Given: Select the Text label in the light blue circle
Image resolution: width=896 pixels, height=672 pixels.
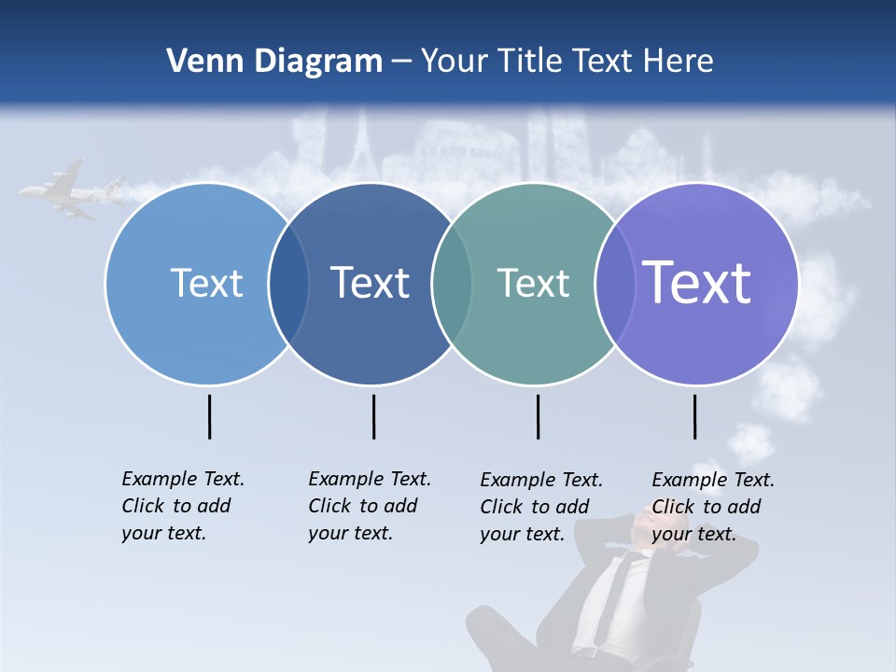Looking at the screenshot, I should point(206,283).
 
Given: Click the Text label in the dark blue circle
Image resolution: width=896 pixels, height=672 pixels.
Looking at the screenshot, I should point(370,283).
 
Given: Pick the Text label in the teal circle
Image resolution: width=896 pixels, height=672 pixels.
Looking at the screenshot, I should point(533,283).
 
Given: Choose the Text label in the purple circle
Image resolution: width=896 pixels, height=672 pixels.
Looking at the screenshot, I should point(696,282).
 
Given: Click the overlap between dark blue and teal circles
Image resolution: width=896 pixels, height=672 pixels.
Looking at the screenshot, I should point(453,284).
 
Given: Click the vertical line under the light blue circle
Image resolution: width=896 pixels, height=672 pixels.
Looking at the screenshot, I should point(210,416).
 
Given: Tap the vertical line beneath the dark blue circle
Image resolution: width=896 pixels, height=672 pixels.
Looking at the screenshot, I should point(373,416).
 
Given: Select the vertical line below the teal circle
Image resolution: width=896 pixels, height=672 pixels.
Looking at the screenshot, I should point(538,416).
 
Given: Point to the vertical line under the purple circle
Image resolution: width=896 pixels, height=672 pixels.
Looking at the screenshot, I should point(694,416).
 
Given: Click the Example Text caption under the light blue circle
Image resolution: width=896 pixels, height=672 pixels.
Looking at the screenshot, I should point(183,506).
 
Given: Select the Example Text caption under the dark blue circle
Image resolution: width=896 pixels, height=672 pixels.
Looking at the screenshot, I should point(370,506).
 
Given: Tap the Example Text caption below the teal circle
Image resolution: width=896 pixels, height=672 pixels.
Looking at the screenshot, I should point(541,507).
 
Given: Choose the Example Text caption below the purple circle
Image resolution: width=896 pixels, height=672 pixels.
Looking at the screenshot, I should point(713,507).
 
